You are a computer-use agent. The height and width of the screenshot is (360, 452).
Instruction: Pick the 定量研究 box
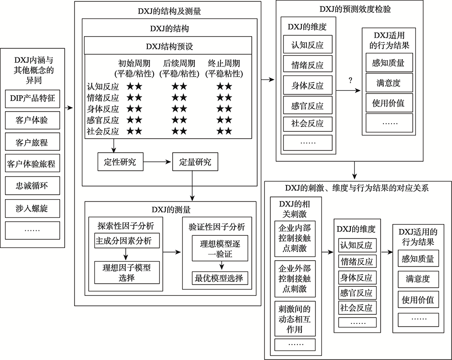pyautogui.click(x=195, y=162)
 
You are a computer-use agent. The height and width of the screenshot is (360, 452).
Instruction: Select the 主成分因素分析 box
pyautogui.click(x=127, y=241)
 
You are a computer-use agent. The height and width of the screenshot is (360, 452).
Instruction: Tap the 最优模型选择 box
pyautogui.click(x=219, y=278)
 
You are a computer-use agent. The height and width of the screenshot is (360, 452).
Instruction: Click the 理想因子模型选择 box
pyautogui.click(x=127, y=272)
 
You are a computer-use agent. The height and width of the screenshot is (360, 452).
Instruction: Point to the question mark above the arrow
pyautogui.click(x=350, y=81)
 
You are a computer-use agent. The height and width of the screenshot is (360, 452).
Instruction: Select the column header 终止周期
pyautogui.click(x=224, y=64)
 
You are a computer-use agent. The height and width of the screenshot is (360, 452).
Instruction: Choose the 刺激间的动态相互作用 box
pyautogui.click(x=296, y=319)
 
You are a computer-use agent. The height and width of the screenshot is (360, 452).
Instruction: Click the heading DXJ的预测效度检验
pyautogui.click(x=349, y=9)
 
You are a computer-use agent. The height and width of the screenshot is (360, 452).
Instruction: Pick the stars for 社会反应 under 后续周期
pyautogui.click(x=179, y=131)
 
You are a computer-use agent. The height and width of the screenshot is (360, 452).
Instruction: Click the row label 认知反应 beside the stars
pyautogui.click(x=103, y=86)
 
